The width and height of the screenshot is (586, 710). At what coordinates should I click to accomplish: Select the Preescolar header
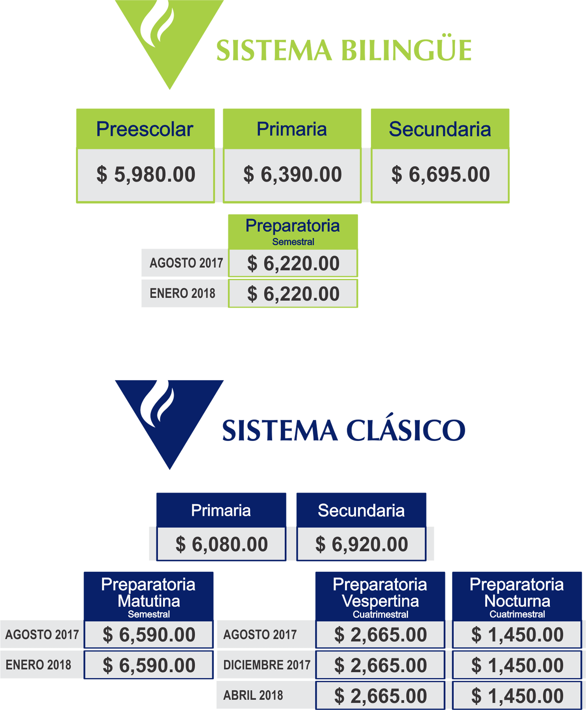[145, 129]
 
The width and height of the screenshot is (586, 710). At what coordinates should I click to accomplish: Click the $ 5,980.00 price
[146, 175]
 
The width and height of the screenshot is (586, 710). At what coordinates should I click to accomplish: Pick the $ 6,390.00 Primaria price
[292, 175]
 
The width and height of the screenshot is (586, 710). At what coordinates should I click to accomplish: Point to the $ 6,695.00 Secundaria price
[440, 175]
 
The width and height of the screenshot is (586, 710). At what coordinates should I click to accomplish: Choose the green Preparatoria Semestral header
[293, 231]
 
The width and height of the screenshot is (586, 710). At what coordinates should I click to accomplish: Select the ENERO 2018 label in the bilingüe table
[182, 293]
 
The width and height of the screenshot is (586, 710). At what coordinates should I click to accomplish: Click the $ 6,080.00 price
[221, 544]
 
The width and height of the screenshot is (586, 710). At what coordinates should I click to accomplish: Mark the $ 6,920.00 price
[361, 544]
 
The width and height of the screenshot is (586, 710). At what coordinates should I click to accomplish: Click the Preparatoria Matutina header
[149, 596]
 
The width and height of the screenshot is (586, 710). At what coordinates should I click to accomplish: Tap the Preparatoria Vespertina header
[380, 596]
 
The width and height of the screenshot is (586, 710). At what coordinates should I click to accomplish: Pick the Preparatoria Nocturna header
[517, 596]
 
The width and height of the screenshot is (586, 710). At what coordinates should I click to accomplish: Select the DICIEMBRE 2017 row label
[267, 665]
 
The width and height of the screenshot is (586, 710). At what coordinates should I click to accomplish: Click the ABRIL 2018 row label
[253, 695]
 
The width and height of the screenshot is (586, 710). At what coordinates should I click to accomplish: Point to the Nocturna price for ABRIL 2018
[517, 695]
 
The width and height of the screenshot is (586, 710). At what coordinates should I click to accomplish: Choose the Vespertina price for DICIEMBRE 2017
[380, 665]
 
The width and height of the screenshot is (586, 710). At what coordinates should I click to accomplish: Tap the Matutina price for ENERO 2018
[149, 665]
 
